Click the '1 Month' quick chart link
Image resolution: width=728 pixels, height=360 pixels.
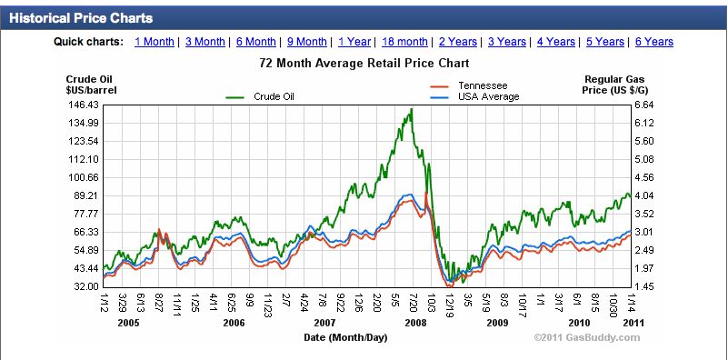pyautogui.click(x=155, y=42)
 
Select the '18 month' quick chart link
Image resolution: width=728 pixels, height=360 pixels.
pyautogui.click(x=404, y=42)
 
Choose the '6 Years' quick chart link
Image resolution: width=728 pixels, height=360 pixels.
pyautogui.click(x=654, y=42)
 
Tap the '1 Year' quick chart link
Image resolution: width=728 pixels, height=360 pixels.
pyautogui.click(x=354, y=42)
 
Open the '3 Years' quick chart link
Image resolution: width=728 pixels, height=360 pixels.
pyautogui.click(x=506, y=42)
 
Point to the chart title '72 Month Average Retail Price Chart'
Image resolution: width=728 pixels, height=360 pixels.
pyautogui.click(x=364, y=64)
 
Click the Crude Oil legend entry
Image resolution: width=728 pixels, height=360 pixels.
pyautogui.click(x=274, y=96)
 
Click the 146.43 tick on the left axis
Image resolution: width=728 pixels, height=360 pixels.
pyautogui.click(x=84, y=105)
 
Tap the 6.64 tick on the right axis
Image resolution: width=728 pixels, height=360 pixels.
pyautogui.click(x=645, y=105)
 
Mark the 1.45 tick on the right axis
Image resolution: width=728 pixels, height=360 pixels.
pyautogui.click(x=645, y=286)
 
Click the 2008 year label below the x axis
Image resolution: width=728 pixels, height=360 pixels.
pyautogui.click(x=416, y=323)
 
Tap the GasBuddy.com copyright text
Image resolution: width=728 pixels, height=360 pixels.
pyautogui.click(x=587, y=337)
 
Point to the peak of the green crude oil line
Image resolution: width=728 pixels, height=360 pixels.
pyautogui.click(x=412, y=109)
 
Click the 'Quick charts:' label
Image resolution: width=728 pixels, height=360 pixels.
pyautogui.click(x=88, y=42)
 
